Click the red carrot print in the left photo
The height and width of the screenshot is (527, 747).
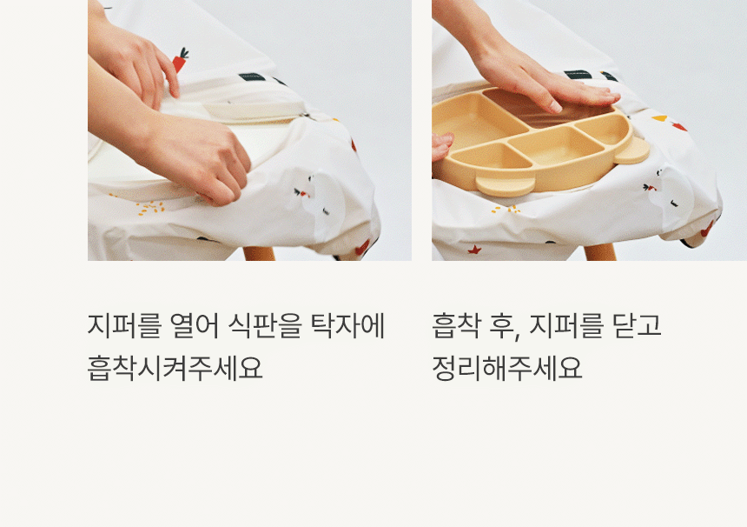tap(180, 60)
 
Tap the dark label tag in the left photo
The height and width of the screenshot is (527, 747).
tap(252, 77)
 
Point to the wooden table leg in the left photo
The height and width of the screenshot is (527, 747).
tap(259, 253)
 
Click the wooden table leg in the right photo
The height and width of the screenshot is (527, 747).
tap(600, 252)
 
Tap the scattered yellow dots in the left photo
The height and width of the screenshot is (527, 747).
tap(150, 208)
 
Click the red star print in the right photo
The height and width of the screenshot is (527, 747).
tap(474, 249)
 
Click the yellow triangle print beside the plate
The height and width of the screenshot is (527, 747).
tap(660, 118)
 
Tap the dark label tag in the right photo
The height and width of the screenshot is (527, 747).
tap(578, 75)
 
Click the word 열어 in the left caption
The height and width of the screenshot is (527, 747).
tap(194, 326)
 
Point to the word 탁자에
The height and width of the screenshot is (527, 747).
tap(347, 326)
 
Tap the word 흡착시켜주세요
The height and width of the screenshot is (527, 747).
tap(175, 368)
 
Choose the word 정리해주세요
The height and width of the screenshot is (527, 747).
tap(507, 368)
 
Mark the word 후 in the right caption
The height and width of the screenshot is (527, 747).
tap(504, 327)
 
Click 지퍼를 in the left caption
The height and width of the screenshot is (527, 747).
tap(124, 326)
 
